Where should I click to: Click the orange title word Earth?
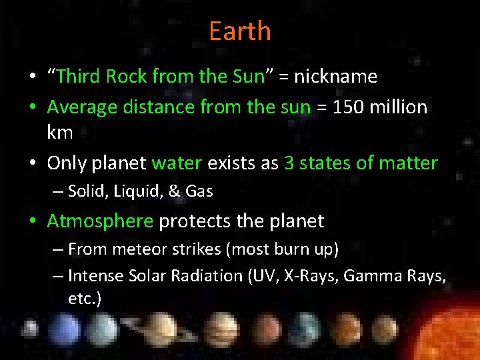click(x=240, y=31)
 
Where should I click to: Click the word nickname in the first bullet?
click(x=335, y=77)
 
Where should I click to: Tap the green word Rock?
click(x=127, y=77)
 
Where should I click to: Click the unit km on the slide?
click(x=60, y=132)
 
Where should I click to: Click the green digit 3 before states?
click(x=289, y=163)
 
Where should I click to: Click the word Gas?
click(x=199, y=191)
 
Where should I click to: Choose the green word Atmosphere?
click(x=100, y=221)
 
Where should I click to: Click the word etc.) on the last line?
click(x=85, y=298)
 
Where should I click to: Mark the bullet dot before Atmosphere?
click(x=33, y=221)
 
